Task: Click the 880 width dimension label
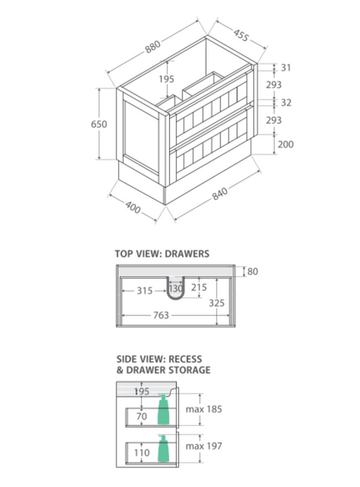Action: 153,46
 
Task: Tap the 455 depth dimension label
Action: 241,35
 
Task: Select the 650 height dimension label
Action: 99,124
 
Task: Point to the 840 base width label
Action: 220,193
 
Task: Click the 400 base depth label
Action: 133,207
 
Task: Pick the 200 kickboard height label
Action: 286,144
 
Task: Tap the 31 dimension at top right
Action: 286,67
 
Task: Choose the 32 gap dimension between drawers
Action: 286,103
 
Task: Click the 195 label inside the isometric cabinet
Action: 167,79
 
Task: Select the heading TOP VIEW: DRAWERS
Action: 162,254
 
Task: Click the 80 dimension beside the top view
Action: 253,272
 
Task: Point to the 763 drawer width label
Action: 161,316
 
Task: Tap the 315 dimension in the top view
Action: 145,290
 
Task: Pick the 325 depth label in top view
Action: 216,303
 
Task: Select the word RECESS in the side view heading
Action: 185,359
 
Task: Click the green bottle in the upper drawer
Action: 164,409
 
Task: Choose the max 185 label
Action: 204,409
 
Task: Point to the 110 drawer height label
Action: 142,453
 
